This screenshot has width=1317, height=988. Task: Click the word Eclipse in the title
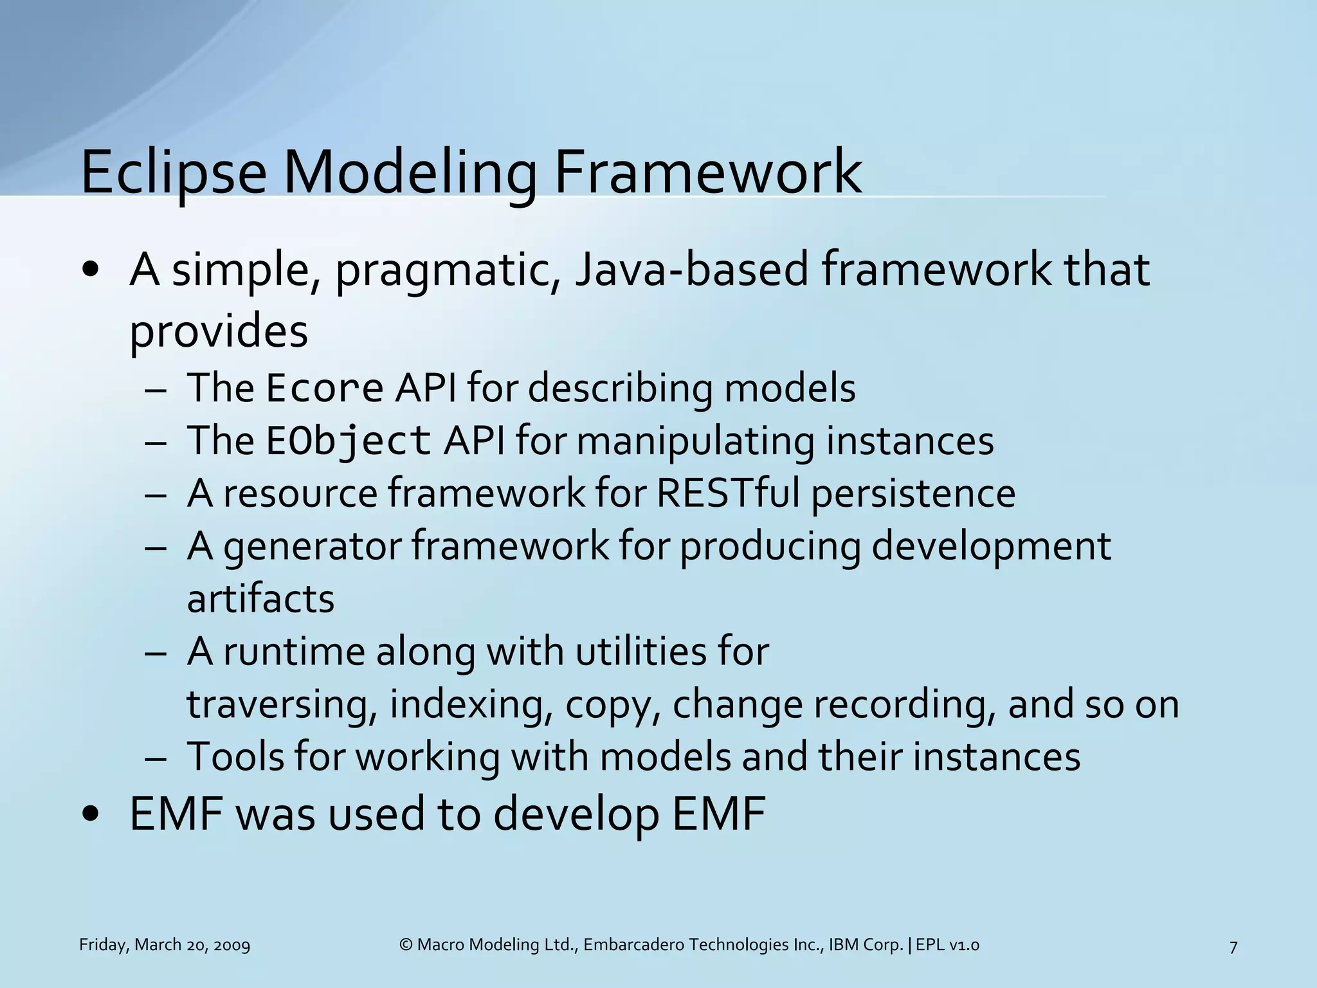coord(174,172)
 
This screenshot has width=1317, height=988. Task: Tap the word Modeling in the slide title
coord(410,172)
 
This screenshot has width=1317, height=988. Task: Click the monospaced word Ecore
coord(325,389)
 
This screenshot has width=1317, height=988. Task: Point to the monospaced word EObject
coord(349,441)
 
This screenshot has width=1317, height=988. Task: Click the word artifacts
coord(260,599)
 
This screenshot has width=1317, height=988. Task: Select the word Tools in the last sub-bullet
coord(235,756)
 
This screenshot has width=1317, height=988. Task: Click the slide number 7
coord(1233,946)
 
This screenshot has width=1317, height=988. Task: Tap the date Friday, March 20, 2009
coord(165,945)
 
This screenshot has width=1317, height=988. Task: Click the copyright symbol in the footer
coord(406,945)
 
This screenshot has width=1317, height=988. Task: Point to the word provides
coord(219,332)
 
